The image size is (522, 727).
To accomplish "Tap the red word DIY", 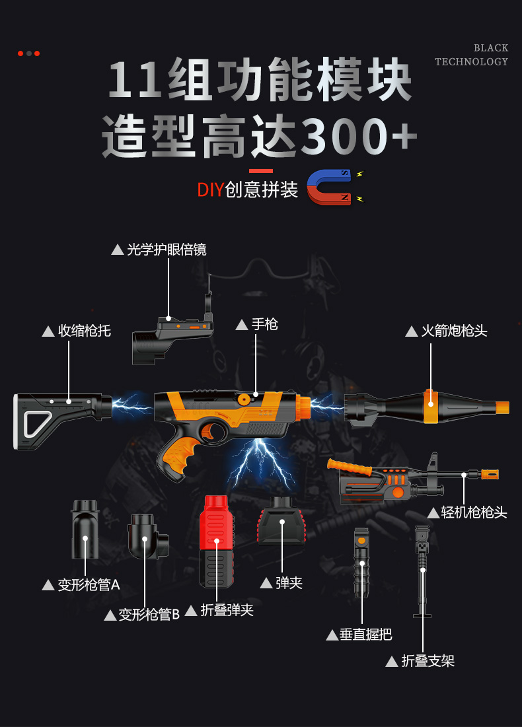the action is click(211, 190).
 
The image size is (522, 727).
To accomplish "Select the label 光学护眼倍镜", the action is click(166, 250).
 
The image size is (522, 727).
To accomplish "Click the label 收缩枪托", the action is click(84, 331).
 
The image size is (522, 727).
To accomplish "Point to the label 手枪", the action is click(264, 324).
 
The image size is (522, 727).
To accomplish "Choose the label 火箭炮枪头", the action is click(454, 331).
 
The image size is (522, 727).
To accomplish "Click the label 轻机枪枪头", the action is click(474, 512).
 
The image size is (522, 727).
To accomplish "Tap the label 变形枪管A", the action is click(89, 584).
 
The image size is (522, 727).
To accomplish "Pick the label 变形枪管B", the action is click(149, 615).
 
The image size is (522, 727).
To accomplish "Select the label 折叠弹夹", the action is click(227, 610).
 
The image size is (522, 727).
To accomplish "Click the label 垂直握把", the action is click(365, 635).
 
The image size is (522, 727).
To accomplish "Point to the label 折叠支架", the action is click(428, 660).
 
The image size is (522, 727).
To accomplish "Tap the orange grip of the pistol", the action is click(175, 456).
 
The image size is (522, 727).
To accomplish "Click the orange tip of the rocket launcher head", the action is click(502, 407).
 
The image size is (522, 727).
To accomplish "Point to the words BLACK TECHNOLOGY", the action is click(472, 55).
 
